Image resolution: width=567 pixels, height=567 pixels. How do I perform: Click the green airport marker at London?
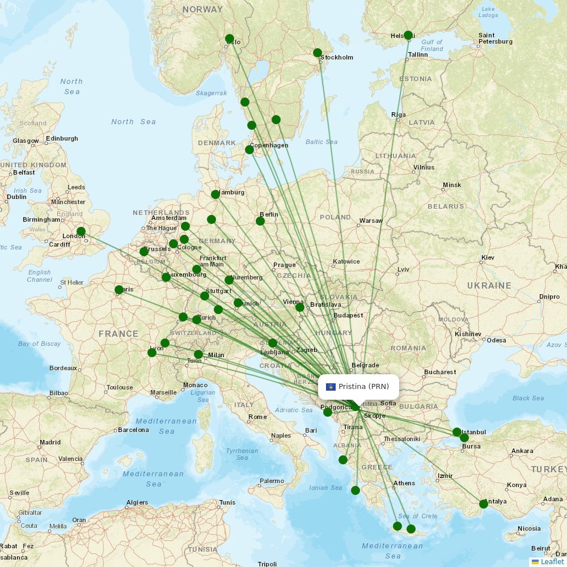[81, 231]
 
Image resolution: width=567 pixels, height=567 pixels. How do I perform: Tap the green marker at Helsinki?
[408, 35]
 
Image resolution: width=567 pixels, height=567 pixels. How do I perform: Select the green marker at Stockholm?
[318, 53]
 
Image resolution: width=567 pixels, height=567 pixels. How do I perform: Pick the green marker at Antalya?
[484, 503]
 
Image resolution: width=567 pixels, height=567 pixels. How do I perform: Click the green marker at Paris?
[119, 290]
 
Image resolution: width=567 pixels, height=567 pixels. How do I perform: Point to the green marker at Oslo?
[230, 39]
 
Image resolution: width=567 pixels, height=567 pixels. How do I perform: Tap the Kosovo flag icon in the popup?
[331, 387]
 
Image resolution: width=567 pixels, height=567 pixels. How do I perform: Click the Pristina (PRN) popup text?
[363, 387]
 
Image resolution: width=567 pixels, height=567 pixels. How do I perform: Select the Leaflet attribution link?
[552, 561]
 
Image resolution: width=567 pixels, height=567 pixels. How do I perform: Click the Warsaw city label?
[371, 221]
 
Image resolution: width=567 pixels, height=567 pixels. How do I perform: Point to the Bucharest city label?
[440, 373]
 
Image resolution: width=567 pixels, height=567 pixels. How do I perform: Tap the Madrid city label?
[50, 442]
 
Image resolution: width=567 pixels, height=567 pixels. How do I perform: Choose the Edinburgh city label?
[62, 138]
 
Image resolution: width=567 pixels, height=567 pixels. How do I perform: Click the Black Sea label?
[528, 398]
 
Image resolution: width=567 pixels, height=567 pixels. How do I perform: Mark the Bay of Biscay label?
[39, 344]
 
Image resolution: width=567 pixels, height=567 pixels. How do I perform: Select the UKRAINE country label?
[489, 286]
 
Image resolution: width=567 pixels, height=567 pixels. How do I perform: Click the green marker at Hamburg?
[215, 194]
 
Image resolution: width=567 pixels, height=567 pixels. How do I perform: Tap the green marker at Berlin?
[260, 221]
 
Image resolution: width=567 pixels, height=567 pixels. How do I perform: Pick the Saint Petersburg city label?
[495, 38]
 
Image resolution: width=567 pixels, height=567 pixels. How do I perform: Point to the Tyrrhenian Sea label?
[242, 454]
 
